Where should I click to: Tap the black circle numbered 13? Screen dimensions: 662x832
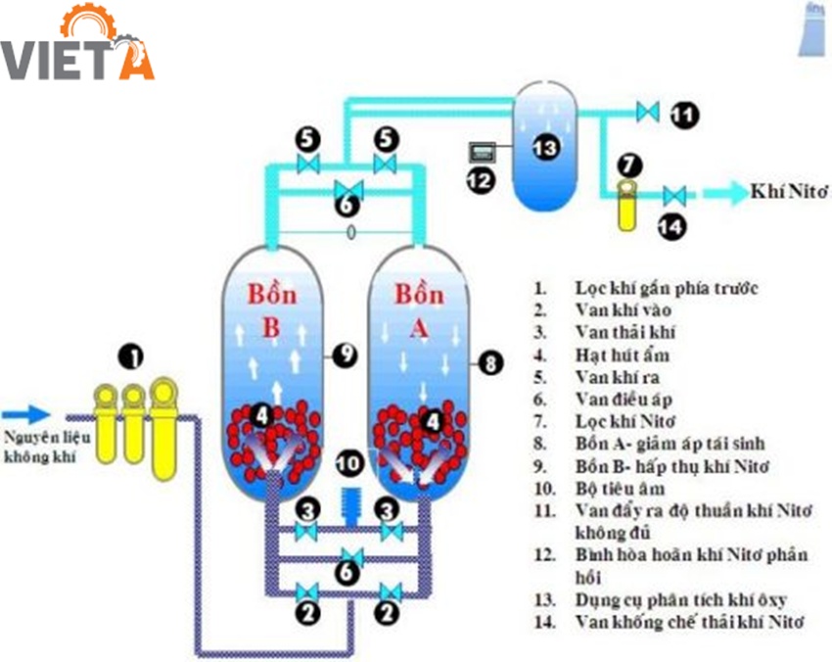coord(544,147)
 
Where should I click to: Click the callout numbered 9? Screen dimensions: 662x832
coord(343,356)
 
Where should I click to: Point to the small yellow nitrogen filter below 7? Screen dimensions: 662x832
coord(625,206)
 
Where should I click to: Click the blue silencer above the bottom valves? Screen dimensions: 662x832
coord(349,504)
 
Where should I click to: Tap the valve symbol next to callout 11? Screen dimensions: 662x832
coord(646,111)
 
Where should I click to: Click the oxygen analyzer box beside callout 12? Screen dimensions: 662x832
coord(483,151)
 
